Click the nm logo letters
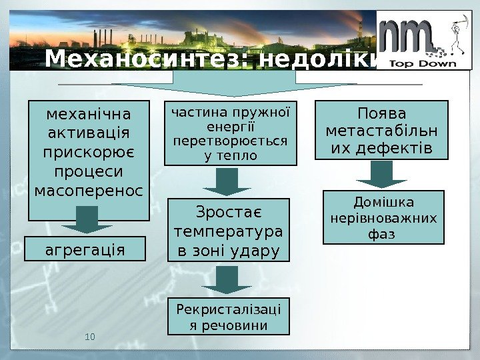pyautogui.click(x=407, y=37)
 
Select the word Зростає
pyautogui.click(x=228, y=212)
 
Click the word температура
pyautogui.click(x=228, y=231)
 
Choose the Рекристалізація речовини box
pyautogui.click(x=228, y=316)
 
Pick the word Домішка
pyautogui.click(x=383, y=202)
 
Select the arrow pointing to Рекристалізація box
pyautogui.click(x=227, y=280)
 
